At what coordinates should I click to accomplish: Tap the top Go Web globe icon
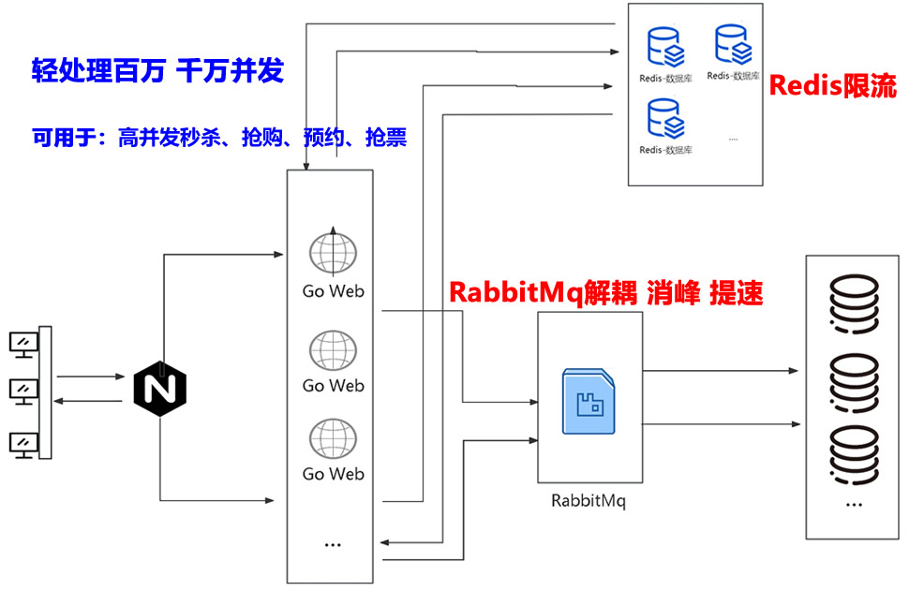(333, 252)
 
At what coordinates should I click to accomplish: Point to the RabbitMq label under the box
(589, 500)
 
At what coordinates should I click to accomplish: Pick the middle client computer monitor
(23, 391)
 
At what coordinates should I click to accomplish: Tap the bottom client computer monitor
(23, 443)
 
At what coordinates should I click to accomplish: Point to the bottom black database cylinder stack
(853, 457)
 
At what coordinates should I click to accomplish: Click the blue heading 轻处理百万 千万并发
(157, 72)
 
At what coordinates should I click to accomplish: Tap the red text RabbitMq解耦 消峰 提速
(606, 292)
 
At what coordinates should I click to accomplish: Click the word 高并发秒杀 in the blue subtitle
(169, 139)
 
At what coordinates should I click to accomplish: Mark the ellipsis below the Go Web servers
(332, 544)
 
